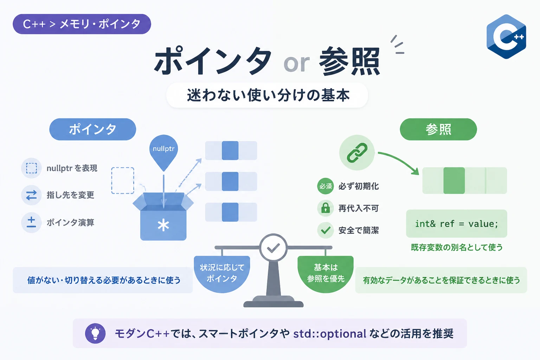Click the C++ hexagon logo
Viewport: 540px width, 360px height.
tap(506, 37)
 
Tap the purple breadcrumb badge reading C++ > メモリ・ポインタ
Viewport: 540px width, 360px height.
tap(82, 24)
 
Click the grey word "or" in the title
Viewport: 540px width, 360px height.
tap(296, 63)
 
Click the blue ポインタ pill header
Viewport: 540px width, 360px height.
tap(92, 129)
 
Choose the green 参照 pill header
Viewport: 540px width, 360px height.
tap(438, 129)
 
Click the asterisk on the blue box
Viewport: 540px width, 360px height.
tap(163, 225)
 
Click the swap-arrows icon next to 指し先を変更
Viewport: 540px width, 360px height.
tap(31, 195)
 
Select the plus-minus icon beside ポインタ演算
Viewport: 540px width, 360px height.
tap(31, 222)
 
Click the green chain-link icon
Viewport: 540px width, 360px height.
tap(357, 153)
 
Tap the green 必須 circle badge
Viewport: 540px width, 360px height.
tap(326, 186)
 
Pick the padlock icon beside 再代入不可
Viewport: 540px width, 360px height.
tap(326, 208)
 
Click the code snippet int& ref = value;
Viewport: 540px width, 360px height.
tap(457, 224)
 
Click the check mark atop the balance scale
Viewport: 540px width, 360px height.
tap(274, 247)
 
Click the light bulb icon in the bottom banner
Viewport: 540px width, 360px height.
tap(95, 333)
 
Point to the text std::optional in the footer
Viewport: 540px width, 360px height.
tap(329, 334)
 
